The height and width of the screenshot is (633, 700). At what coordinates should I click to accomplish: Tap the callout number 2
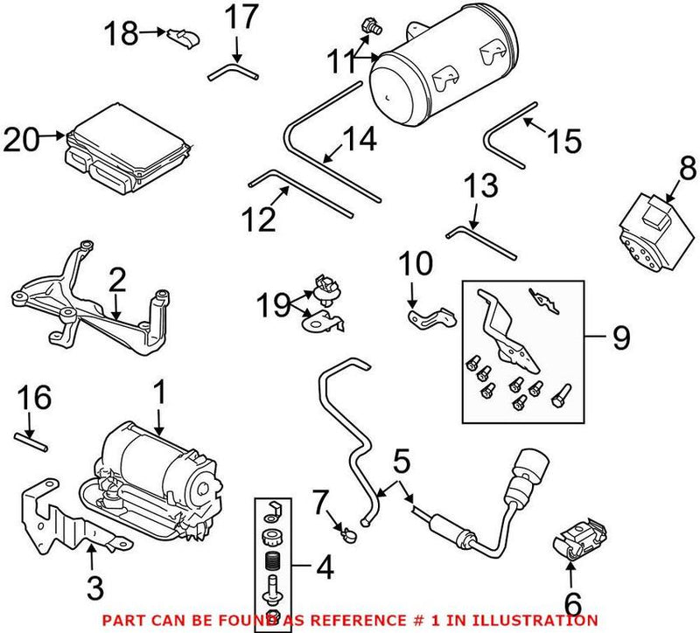[x=117, y=281]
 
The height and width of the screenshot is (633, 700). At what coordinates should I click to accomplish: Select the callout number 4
[x=323, y=568]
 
